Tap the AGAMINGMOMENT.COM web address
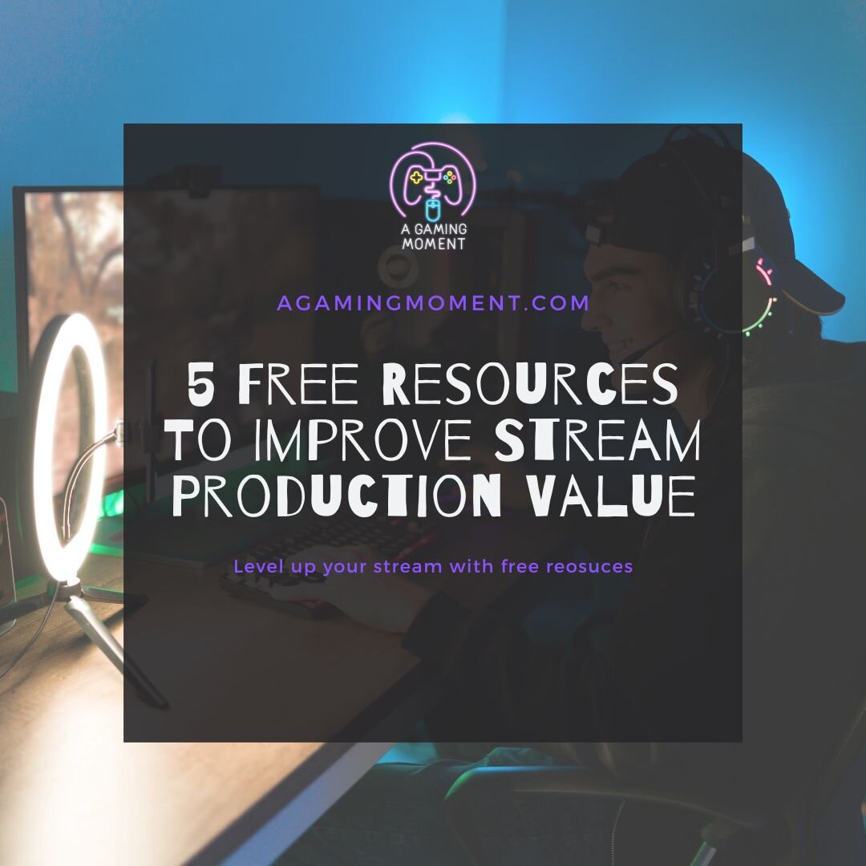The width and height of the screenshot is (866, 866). (x=433, y=303)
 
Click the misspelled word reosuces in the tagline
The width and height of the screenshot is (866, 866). (x=589, y=567)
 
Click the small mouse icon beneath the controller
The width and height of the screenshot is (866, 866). (x=433, y=210)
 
